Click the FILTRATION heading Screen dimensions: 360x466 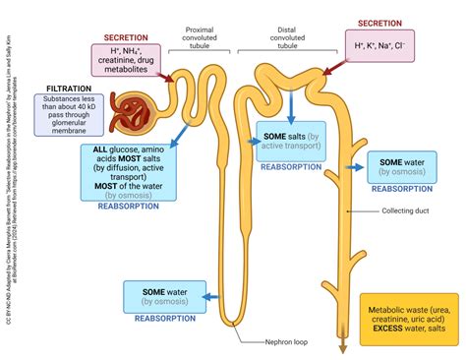pos(58,86)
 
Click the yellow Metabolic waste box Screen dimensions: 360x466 pos(405,316)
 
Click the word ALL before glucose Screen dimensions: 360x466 pos(99,148)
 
